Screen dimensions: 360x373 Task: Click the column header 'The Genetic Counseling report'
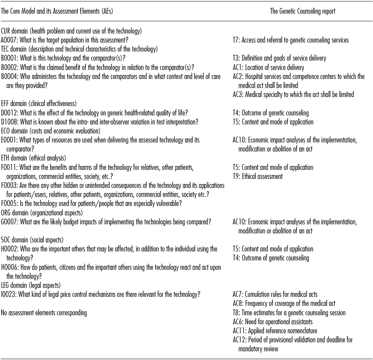pos(302,11)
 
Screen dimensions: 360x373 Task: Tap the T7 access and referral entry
pos(290,40)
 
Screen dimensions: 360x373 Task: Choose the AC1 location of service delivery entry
pos(268,67)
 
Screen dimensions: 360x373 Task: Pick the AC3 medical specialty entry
pos(293,95)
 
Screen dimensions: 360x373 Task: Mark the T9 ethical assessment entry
pos(258,176)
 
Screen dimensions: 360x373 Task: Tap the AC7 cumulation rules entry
pos(275,294)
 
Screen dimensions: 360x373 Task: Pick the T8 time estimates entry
pos(289,313)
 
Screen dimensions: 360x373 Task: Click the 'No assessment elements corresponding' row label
pos(44,313)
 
